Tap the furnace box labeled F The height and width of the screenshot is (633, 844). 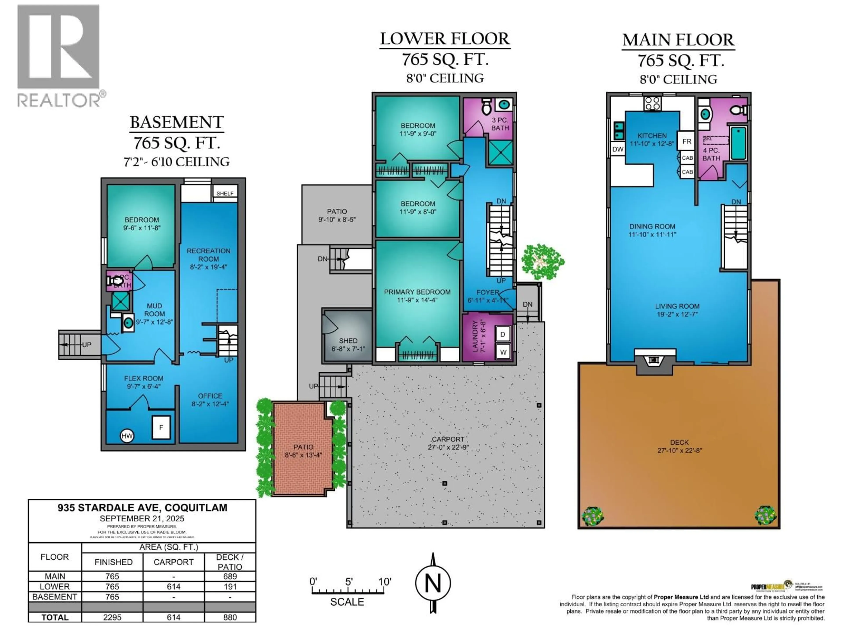click(161, 427)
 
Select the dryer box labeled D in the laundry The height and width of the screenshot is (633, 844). click(502, 334)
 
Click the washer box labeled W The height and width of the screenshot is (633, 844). click(503, 352)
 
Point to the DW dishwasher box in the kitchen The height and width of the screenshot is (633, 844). click(617, 149)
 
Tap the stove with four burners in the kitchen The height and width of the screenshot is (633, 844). click(653, 103)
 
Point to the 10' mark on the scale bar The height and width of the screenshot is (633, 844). click(384, 582)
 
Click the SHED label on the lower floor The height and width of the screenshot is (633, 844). click(348, 341)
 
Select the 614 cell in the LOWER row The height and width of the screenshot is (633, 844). click(174, 586)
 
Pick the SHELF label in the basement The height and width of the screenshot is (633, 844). click(225, 193)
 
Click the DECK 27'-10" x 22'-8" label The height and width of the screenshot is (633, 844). click(680, 446)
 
